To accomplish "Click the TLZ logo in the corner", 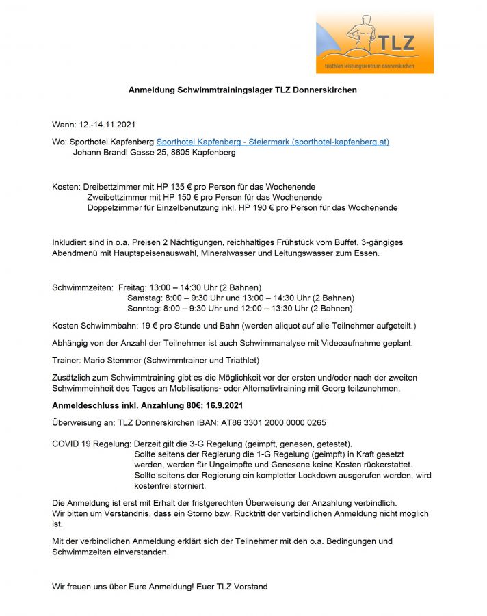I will [374, 42].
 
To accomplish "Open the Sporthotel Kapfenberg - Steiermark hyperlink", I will [272, 142].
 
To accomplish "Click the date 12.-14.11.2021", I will [108, 125].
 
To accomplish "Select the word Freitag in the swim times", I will [133, 287].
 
